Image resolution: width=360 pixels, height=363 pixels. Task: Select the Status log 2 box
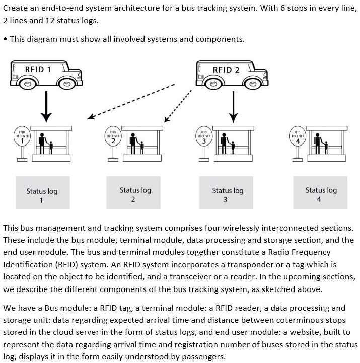tap(133, 193)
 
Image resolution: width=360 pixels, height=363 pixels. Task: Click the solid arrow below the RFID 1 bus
tap(46, 107)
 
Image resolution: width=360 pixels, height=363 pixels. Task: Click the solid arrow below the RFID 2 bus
tap(233, 107)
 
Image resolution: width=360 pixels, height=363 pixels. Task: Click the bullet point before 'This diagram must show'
tap(5, 39)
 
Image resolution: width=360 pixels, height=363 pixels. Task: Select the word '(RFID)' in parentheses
tap(64, 263)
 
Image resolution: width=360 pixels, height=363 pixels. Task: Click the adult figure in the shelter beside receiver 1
tap(43, 143)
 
